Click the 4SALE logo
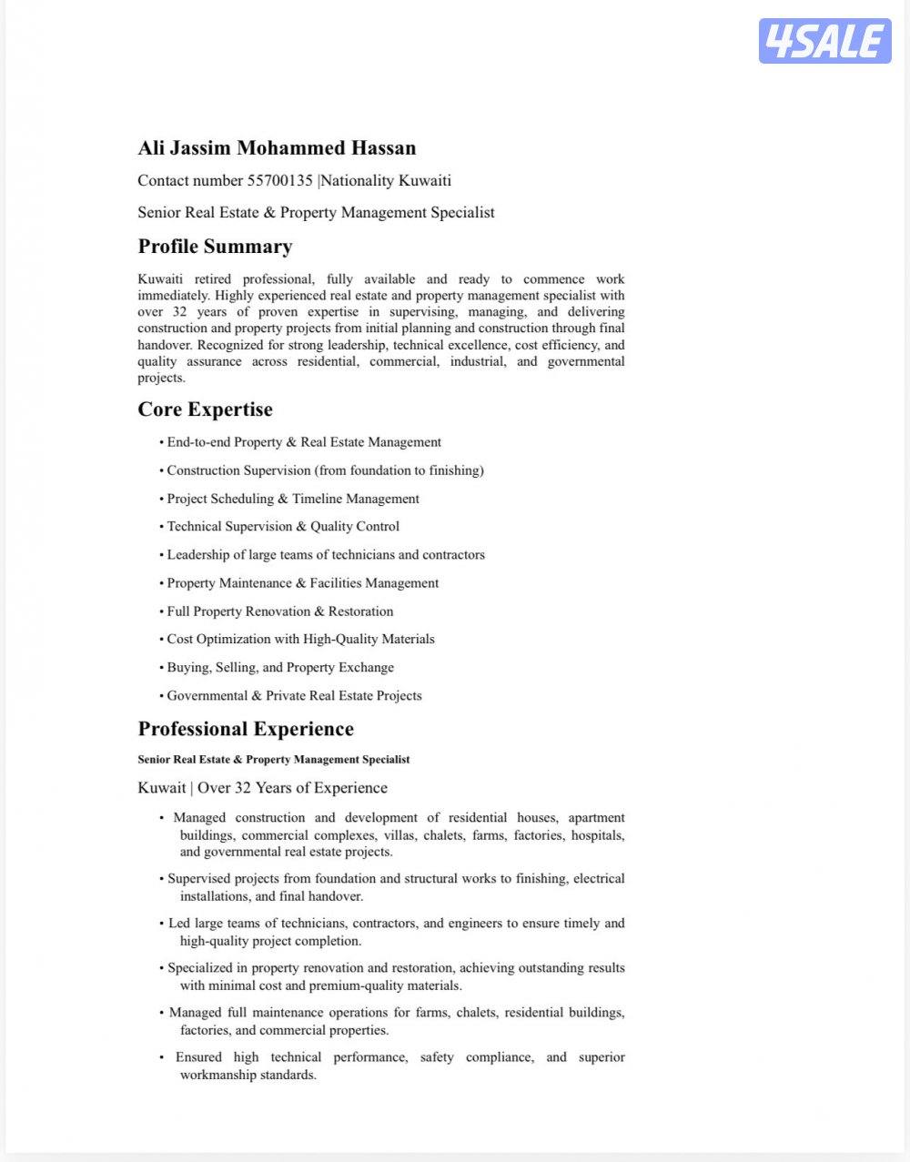click(824, 41)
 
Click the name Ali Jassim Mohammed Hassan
click(277, 147)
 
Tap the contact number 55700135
click(279, 180)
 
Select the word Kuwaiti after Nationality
click(425, 180)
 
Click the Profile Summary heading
click(215, 247)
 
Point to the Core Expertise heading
click(205, 409)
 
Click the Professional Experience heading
click(246, 729)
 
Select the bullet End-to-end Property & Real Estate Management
click(304, 442)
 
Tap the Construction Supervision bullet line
click(325, 470)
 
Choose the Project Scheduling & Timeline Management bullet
click(293, 499)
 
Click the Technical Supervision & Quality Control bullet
click(283, 526)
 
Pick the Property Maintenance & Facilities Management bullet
click(302, 583)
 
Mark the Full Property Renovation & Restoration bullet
click(280, 611)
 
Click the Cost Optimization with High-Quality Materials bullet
click(300, 639)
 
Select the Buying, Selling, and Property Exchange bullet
click(280, 667)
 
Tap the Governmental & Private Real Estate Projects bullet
click(294, 696)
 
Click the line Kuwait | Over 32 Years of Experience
click(262, 788)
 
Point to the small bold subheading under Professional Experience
click(274, 759)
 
